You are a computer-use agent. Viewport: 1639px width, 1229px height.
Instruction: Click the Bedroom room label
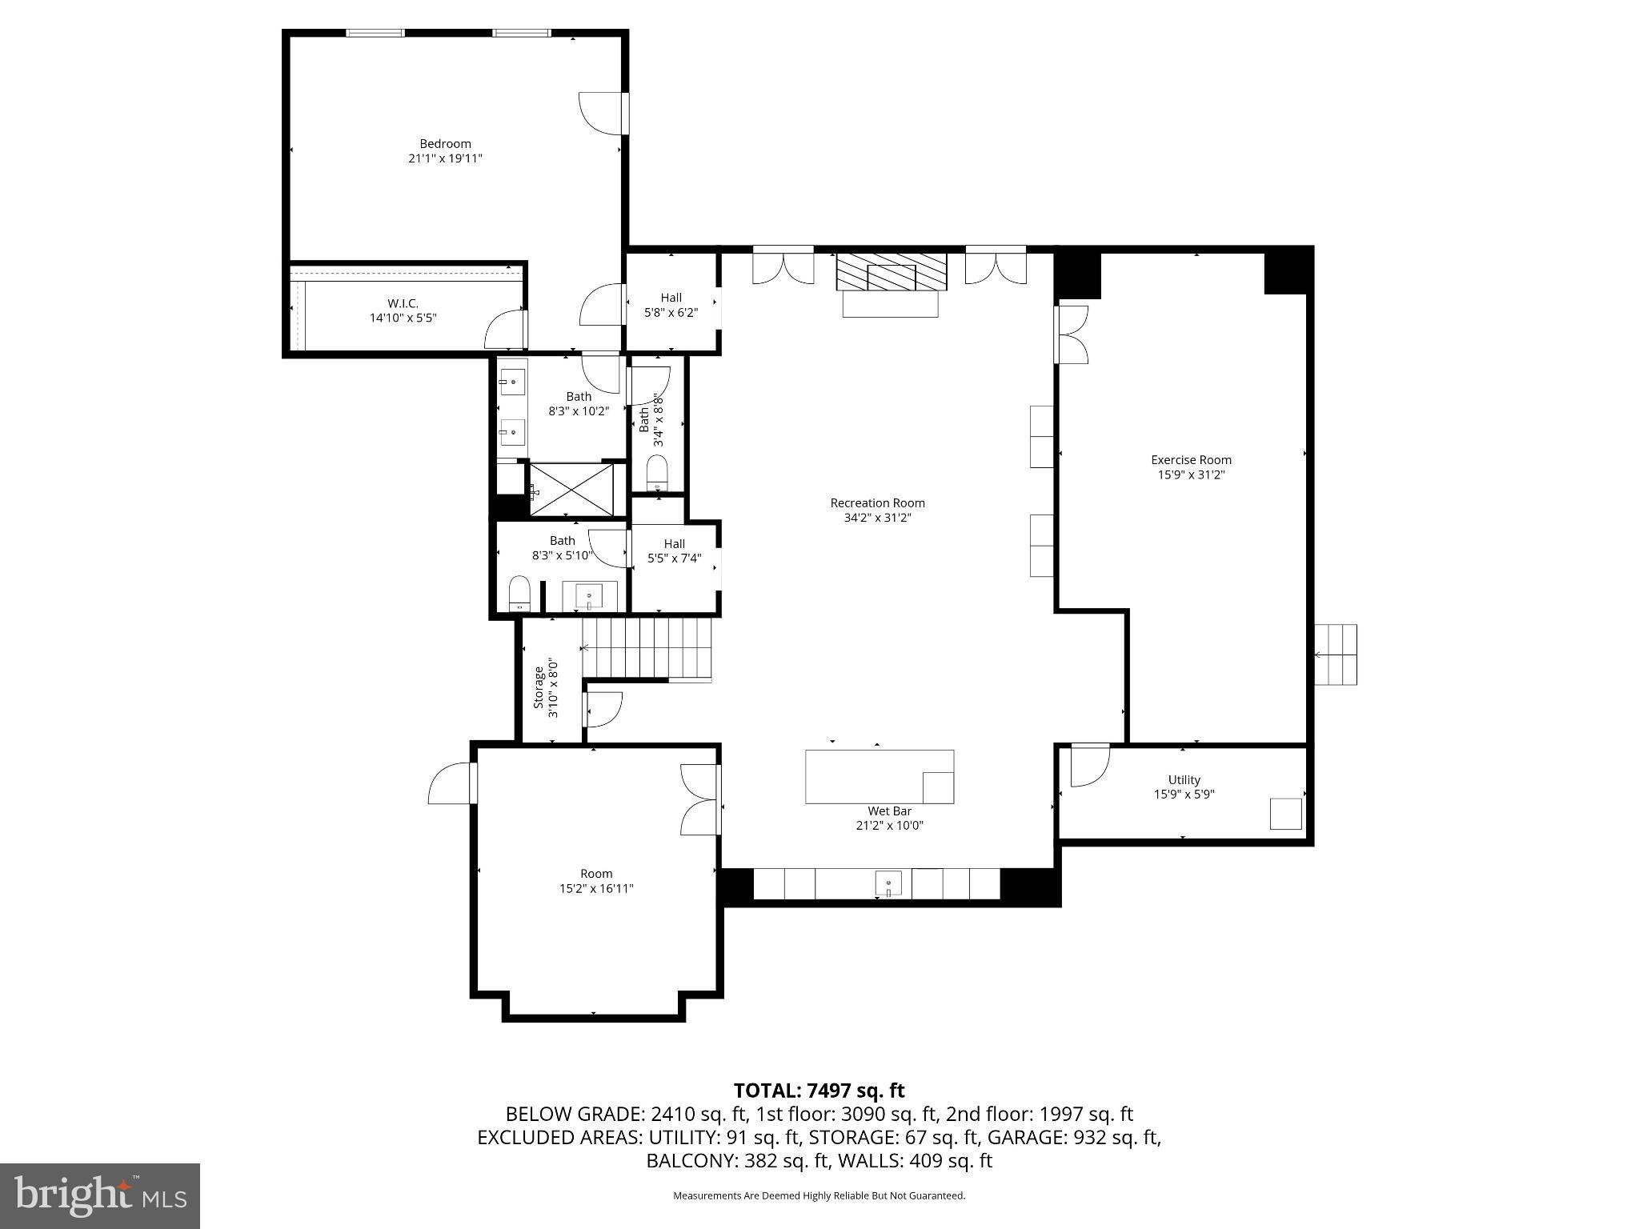[445, 144]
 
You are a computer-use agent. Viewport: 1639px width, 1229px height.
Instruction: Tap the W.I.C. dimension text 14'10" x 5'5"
[403, 318]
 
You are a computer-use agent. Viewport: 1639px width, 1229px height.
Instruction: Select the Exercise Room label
[1191, 459]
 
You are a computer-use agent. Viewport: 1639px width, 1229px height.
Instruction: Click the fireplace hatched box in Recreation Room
[891, 273]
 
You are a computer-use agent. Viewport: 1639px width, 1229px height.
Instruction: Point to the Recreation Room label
[877, 503]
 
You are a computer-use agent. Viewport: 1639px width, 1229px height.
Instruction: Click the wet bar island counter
[879, 775]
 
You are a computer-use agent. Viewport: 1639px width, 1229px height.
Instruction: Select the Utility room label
[1184, 779]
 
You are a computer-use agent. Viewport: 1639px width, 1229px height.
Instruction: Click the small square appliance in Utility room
[1285, 813]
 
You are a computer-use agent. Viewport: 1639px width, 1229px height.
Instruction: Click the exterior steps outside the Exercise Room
[1336, 655]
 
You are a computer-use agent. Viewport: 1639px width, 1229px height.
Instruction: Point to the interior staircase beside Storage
[647, 648]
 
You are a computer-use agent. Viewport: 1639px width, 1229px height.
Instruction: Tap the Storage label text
[539, 687]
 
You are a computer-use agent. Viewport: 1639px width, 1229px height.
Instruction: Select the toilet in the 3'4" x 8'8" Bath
[657, 473]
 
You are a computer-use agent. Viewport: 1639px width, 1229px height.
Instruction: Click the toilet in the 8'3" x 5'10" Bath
[520, 593]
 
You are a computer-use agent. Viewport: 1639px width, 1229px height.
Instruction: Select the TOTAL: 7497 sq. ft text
[819, 1091]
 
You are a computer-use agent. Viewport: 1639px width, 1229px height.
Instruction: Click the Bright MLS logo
[99, 1195]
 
